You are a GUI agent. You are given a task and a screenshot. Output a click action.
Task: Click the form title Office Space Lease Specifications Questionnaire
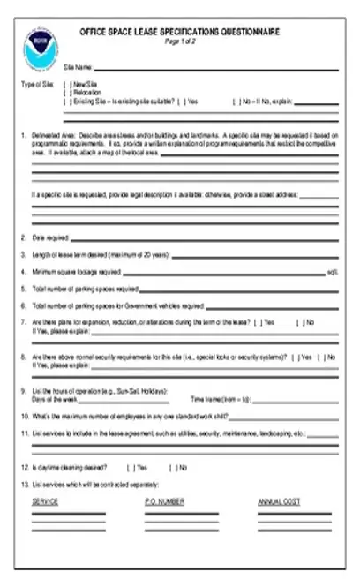click(x=180, y=31)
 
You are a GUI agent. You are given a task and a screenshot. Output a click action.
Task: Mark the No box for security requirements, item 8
click(x=324, y=357)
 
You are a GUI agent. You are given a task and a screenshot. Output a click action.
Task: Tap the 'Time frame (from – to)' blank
click(x=291, y=399)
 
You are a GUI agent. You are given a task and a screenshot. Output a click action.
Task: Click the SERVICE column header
click(x=45, y=501)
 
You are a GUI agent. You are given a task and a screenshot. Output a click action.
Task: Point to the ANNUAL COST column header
click(x=279, y=501)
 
